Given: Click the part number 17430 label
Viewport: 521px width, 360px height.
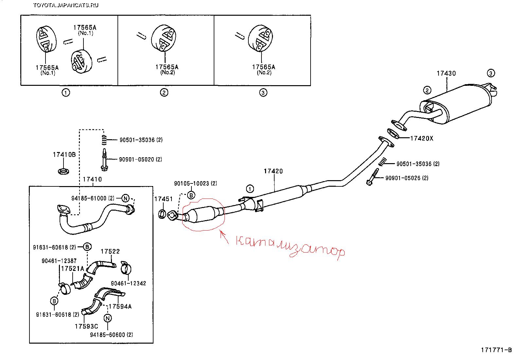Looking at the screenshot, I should pyautogui.click(x=446, y=74).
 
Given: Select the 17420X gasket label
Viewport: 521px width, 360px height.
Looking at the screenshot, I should pyautogui.click(x=422, y=139).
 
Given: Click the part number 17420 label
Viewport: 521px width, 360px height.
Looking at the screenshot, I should pyautogui.click(x=273, y=171).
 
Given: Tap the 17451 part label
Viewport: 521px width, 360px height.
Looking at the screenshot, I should pyautogui.click(x=163, y=199).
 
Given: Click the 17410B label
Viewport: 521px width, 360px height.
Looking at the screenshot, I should pyautogui.click(x=64, y=154).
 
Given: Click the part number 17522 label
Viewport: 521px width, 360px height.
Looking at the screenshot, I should pyautogui.click(x=110, y=251).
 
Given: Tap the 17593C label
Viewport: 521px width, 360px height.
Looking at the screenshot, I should pyautogui.click(x=86, y=326).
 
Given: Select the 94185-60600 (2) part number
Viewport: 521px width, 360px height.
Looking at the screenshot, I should pyautogui.click(x=111, y=335).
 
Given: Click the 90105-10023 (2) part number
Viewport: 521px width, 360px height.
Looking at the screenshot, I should pyautogui.click(x=195, y=183).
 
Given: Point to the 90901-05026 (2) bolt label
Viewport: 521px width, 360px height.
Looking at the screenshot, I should pyautogui.click(x=407, y=178).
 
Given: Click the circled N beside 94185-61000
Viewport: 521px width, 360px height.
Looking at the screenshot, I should pyautogui.click(x=126, y=198).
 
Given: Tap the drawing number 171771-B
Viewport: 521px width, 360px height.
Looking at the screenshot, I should pyautogui.click(x=496, y=350).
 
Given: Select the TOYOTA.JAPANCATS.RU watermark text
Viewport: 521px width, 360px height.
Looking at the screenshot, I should pyautogui.click(x=65, y=5).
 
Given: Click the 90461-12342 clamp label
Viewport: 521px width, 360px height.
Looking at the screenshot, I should pyautogui.click(x=128, y=283).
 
